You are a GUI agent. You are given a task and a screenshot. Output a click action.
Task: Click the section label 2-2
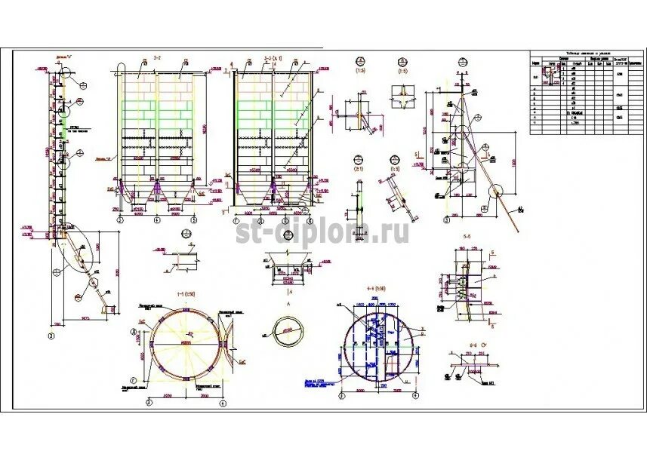tap(157, 57)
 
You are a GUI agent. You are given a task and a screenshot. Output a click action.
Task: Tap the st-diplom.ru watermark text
tap(324, 231)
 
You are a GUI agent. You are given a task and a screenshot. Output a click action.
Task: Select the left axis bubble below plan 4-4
tap(344, 395)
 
